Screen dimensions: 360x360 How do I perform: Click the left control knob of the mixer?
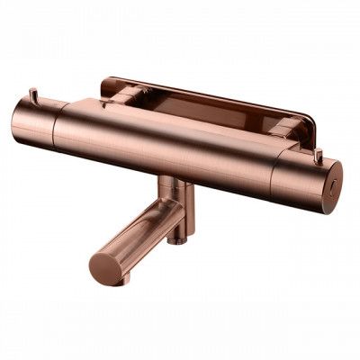(34, 126)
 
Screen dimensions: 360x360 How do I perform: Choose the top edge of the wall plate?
(207, 87)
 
